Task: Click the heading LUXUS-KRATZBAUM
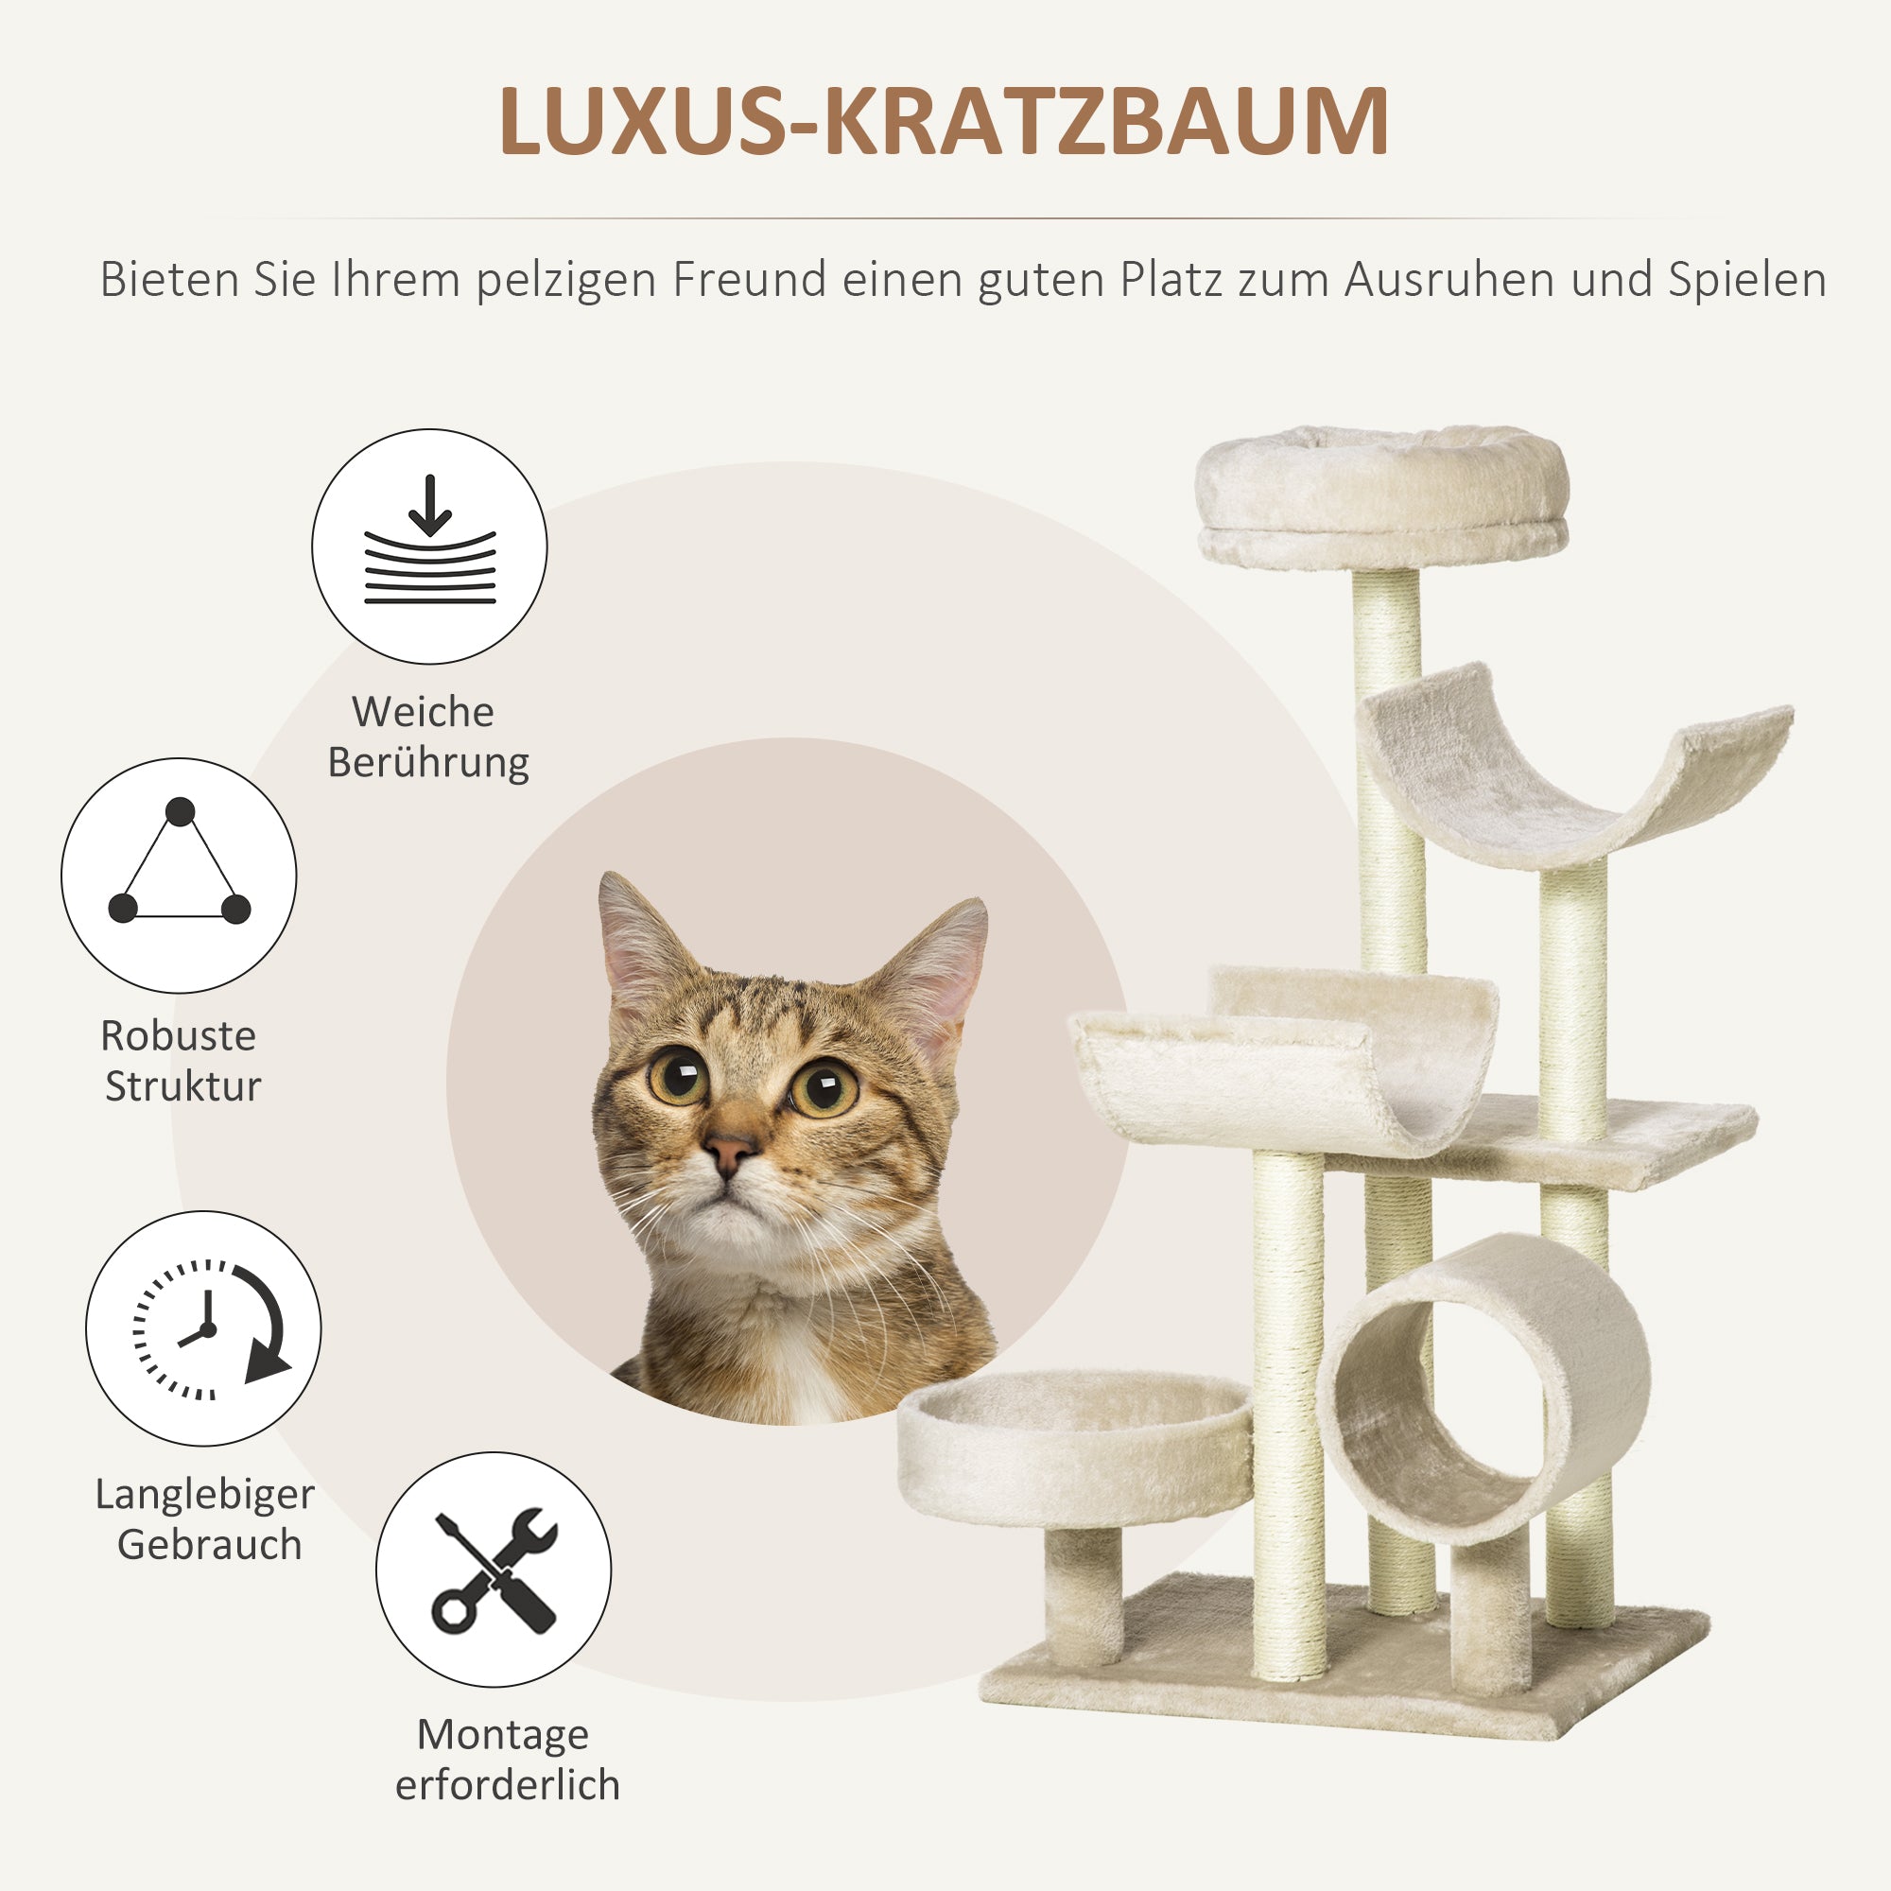point(944,121)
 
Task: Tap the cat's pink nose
point(729,1149)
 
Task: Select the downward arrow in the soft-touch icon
point(429,505)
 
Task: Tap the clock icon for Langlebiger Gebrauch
point(204,1329)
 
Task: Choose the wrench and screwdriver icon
point(494,1570)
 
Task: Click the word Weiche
point(423,712)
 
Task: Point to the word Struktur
point(183,1086)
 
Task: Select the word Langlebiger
point(204,1495)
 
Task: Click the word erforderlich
point(507,1784)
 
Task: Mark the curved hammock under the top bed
point(1574,773)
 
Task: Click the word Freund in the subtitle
point(750,280)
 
